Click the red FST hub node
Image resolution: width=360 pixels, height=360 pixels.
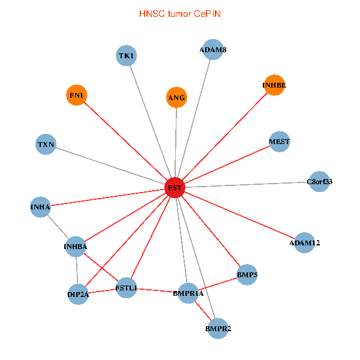[175, 188]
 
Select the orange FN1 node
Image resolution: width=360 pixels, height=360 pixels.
[76, 95]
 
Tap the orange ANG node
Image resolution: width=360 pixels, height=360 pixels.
[176, 97]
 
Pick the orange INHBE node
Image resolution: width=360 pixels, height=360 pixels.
[274, 85]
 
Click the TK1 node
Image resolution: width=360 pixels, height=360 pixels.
[127, 56]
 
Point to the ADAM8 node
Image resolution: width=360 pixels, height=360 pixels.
[213, 50]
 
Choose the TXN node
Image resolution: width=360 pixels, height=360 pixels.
[46, 145]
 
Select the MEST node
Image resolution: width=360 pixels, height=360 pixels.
[280, 142]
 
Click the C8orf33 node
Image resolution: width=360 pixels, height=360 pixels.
[320, 181]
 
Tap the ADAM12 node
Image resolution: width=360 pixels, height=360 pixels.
[305, 243]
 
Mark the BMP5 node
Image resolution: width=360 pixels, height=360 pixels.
[247, 275]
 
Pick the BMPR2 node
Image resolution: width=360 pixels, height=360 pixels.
[218, 329]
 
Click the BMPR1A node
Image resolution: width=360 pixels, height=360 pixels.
[188, 293]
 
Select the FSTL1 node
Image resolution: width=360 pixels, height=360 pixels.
[127, 288]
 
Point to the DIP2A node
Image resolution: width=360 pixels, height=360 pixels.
[78, 295]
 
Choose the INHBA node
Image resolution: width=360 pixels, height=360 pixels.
[76, 246]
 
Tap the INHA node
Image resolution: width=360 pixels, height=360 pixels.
[40, 207]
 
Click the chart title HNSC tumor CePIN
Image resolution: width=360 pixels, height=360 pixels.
[180, 13]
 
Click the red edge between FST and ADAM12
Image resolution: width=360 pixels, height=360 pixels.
[240, 215]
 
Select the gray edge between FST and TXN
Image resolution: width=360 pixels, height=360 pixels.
[110, 166]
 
